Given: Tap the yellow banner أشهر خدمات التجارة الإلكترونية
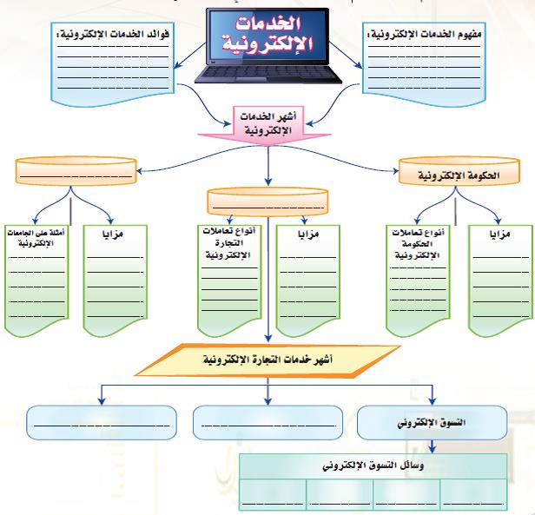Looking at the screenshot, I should click(x=267, y=359).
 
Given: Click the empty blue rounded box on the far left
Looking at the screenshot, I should click(x=96, y=423).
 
